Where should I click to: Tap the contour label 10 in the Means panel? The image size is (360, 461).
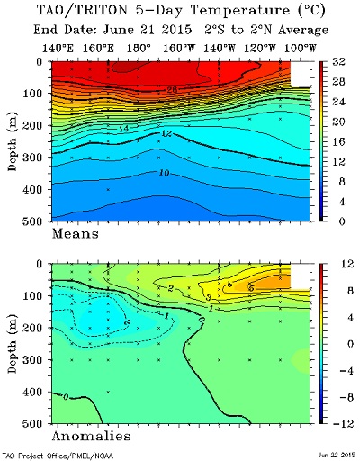coord(164,173)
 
